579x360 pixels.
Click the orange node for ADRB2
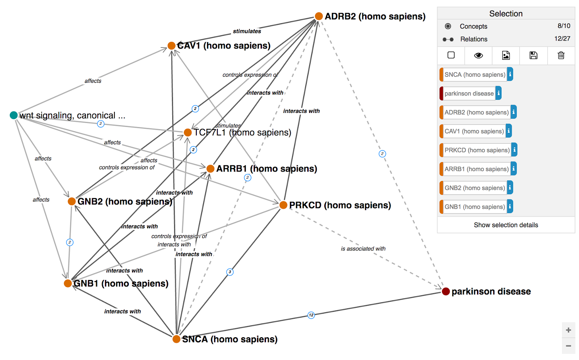[x=319, y=16]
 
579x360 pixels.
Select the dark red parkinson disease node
[x=446, y=291]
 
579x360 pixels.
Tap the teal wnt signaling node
[x=14, y=115]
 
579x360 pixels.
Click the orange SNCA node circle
[x=176, y=339]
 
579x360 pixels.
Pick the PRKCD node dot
[x=283, y=205]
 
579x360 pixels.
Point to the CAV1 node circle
[x=172, y=46]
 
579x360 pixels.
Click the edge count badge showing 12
[x=311, y=315]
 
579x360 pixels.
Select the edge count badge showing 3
[x=230, y=272]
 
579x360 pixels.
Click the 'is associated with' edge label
[x=363, y=249]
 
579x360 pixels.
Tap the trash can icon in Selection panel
[x=561, y=55]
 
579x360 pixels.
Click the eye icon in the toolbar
[x=478, y=55]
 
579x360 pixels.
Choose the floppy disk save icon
[x=533, y=55]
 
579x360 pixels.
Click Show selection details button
[x=506, y=225]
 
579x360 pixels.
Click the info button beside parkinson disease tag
[x=499, y=93]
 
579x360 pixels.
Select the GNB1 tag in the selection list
[x=474, y=207]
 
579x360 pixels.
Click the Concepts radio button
[x=448, y=26]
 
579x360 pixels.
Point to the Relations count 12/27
[x=562, y=39]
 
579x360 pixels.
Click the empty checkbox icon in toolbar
[x=451, y=55]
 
